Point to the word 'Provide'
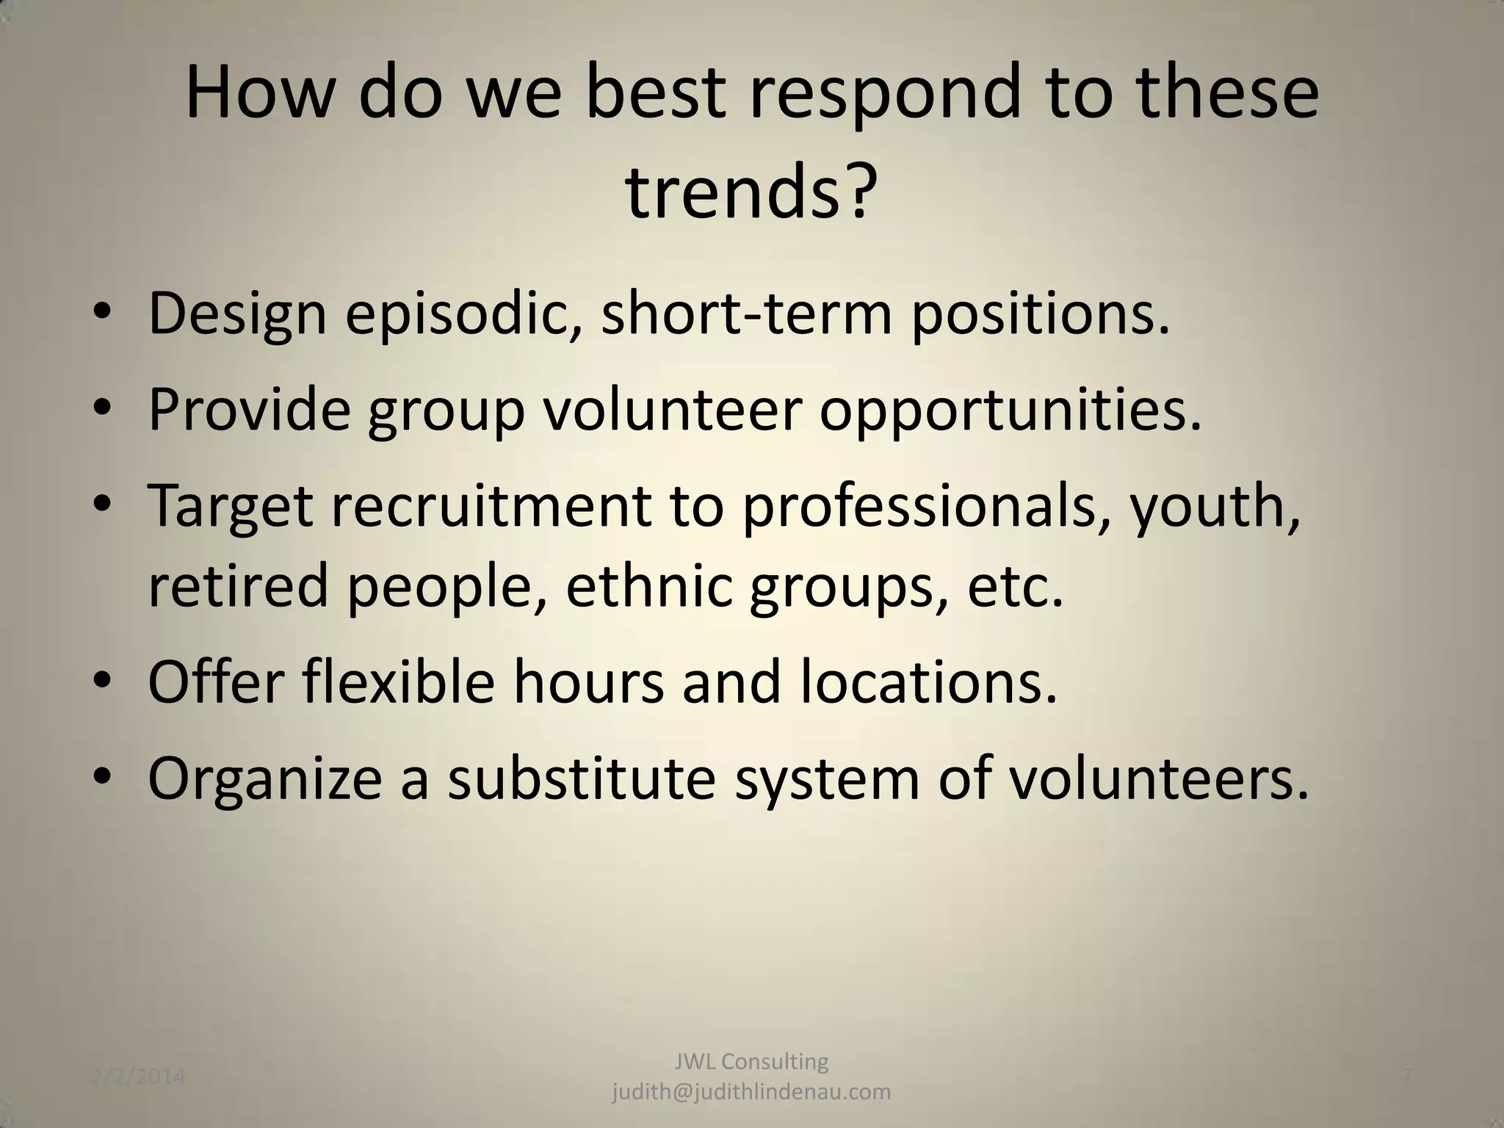point(249,409)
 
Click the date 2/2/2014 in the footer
point(139,1077)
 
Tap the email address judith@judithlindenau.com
point(751,1092)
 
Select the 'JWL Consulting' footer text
point(751,1061)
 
